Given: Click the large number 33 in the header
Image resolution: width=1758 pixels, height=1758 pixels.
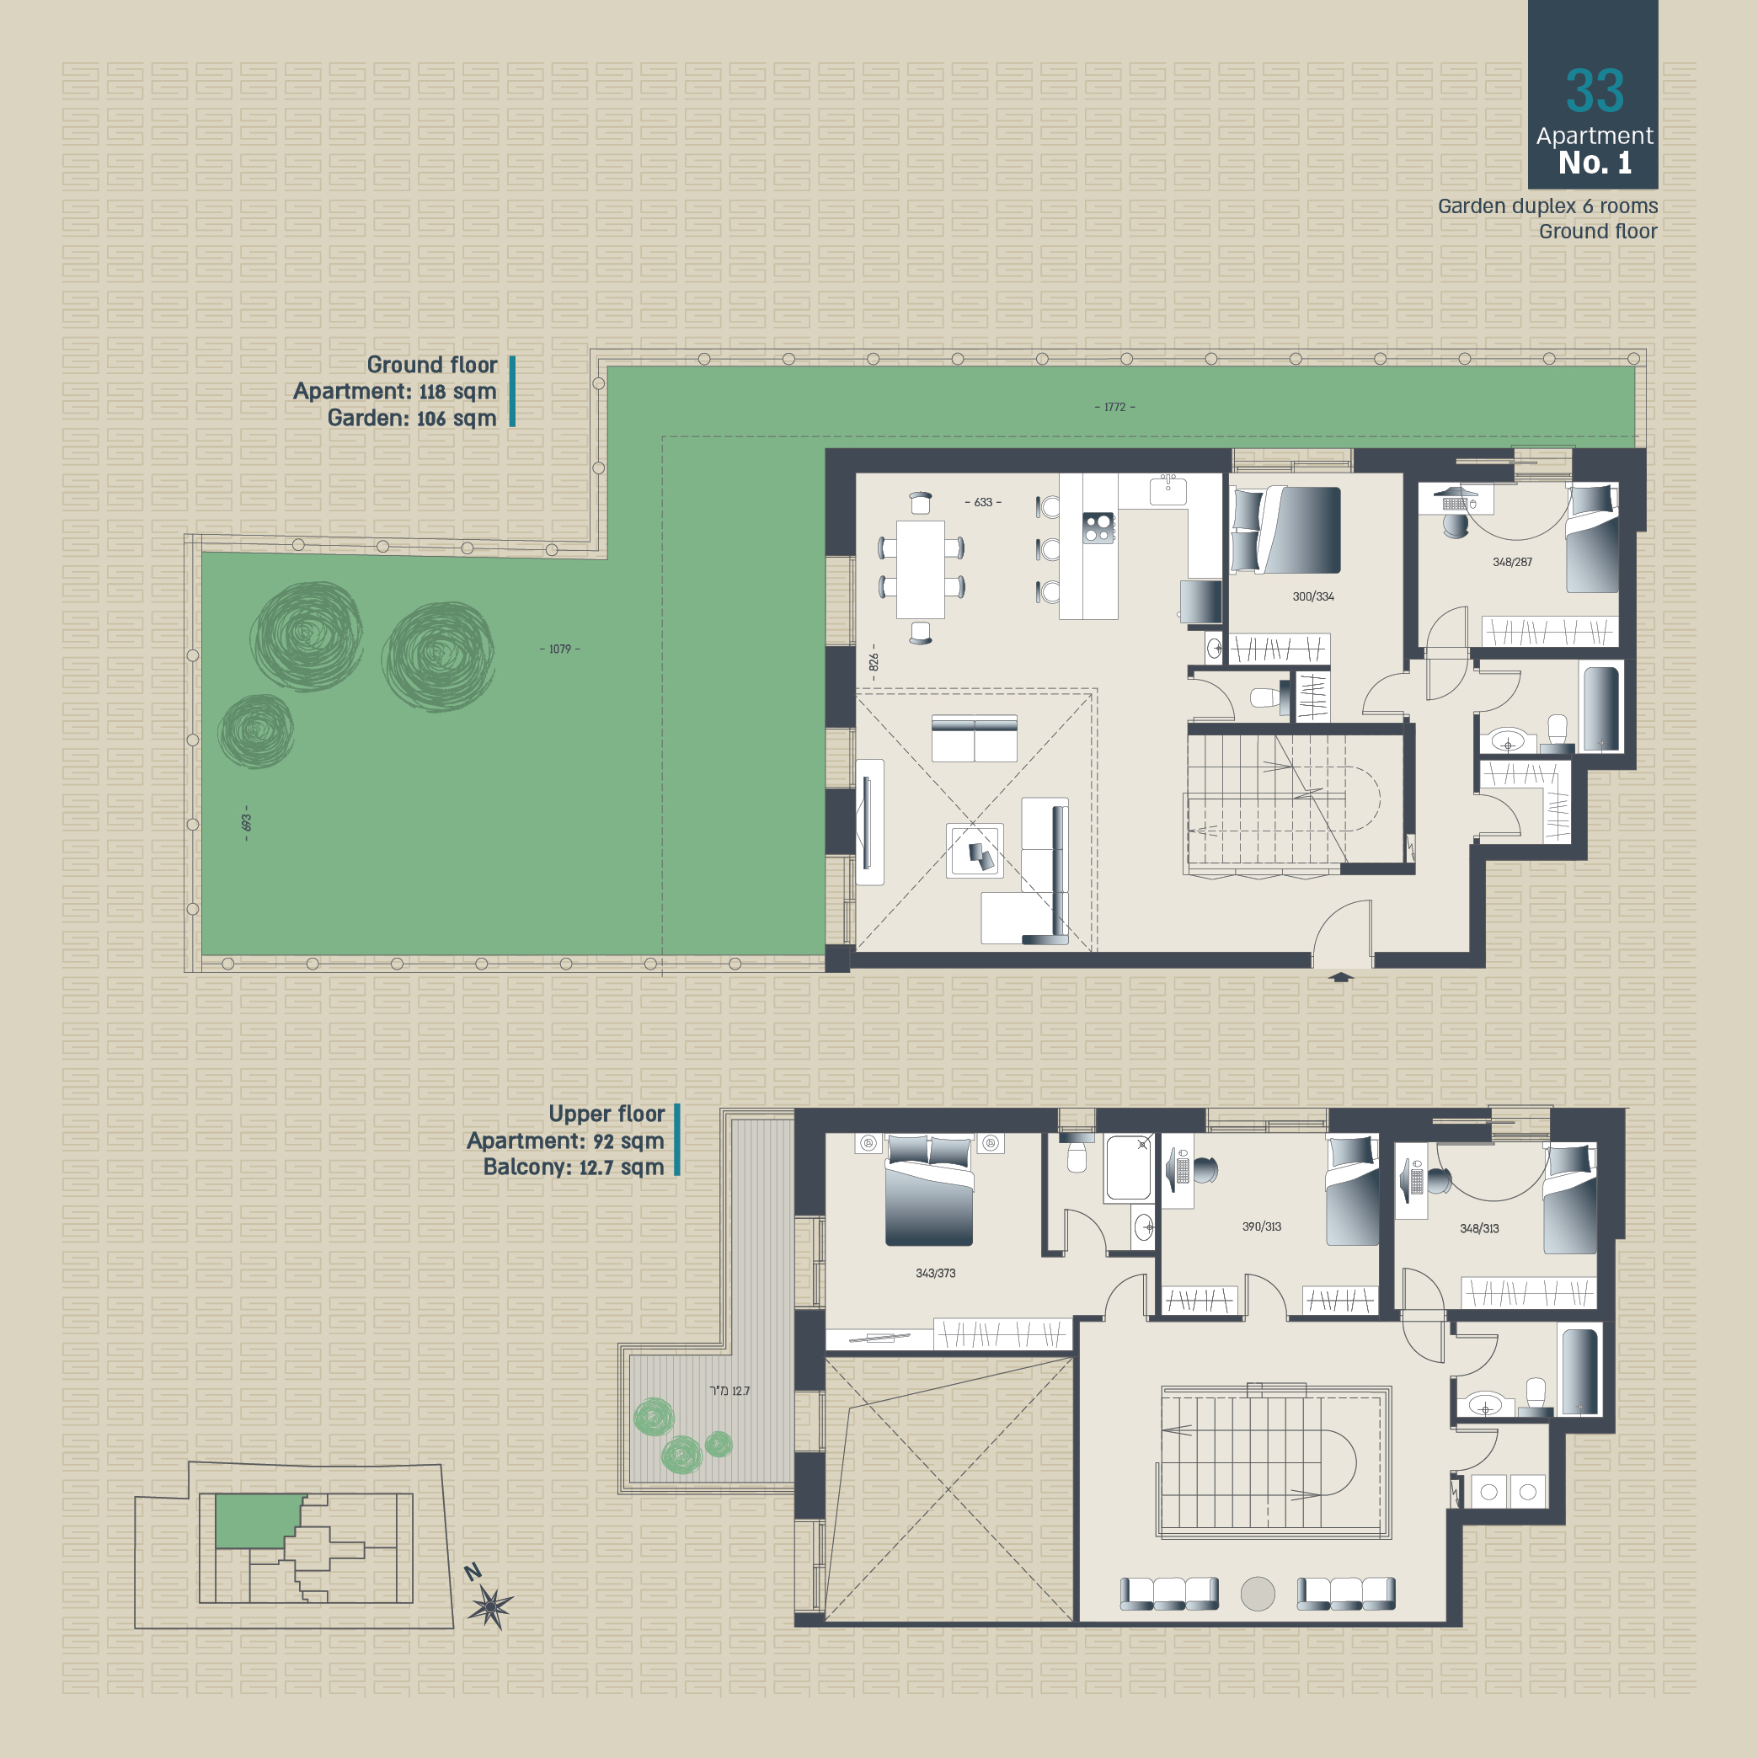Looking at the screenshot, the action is pyautogui.click(x=1595, y=91).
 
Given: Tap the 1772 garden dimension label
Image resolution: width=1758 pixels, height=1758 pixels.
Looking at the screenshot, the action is pyautogui.click(x=1114, y=407).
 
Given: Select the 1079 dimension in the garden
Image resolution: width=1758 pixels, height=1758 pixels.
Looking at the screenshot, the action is pyautogui.click(x=559, y=649).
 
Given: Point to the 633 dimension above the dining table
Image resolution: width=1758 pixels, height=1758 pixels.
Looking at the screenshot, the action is pyautogui.click(x=983, y=502).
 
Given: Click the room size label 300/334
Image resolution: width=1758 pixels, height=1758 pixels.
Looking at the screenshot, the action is pyautogui.click(x=1313, y=597).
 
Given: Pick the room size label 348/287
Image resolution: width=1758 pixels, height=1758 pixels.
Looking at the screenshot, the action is pyautogui.click(x=1512, y=563).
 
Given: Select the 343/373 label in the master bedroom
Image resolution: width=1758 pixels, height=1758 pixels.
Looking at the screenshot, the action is pyautogui.click(x=935, y=1273).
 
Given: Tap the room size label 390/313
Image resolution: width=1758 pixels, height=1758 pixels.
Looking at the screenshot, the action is pyautogui.click(x=1261, y=1226).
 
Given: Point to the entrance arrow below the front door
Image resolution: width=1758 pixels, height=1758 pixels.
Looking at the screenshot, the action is pyautogui.click(x=1341, y=977).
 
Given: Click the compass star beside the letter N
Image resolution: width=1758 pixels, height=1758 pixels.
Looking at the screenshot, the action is pyautogui.click(x=490, y=1607).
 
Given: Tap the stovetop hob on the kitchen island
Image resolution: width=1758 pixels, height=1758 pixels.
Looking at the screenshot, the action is pyautogui.click(x=1098, y=528).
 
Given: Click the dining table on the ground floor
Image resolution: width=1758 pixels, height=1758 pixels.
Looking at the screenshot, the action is pyautogui.click(x=920, y=569).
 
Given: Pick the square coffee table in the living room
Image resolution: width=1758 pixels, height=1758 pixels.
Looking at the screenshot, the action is pyautogui.click(x=975, y=851).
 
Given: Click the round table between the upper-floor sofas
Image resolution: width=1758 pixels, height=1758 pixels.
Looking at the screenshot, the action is pyautogui.click(x=1258, y=1593).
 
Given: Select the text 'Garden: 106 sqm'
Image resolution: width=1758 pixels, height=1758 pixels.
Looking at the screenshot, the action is pyautogui.click(x=411, y=418).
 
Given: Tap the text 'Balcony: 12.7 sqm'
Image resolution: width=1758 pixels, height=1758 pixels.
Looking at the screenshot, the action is pyautogui.click(x=574, y=1168).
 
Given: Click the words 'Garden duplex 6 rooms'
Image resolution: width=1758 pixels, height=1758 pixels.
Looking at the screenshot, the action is pyautogui.click(x=1547, y=206).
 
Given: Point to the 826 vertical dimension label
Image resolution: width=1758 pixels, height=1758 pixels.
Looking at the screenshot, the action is pyautogui.click(x=874, y=661).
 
